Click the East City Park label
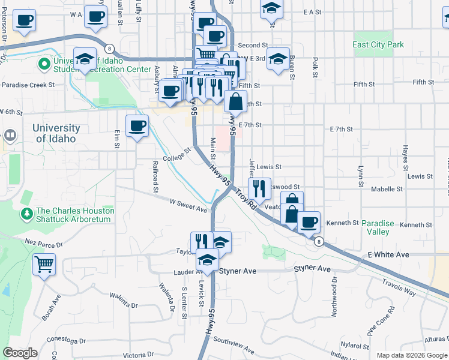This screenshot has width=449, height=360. tap(379, 45)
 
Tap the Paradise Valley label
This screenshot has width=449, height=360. tap(378, 227)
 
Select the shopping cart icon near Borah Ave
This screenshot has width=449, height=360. tap(44, 263)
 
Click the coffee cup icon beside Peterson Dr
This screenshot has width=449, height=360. tap(24, 21)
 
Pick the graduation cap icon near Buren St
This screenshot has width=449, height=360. tap(278, 59)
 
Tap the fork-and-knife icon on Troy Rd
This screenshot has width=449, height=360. tap(259, 188)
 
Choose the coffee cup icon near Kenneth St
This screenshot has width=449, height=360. tap(309, 221)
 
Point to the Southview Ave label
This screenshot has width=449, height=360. tap(234, 345)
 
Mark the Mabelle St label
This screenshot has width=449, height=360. tap(387, 189)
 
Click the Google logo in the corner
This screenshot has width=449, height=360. tap(20, 353)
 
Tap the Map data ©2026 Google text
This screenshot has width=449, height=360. tap(411, 355)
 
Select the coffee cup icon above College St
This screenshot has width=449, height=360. tap(137, 125)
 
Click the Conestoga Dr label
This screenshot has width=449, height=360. tap(66, 340)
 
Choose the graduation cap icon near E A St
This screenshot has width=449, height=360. tap(271, 8)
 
